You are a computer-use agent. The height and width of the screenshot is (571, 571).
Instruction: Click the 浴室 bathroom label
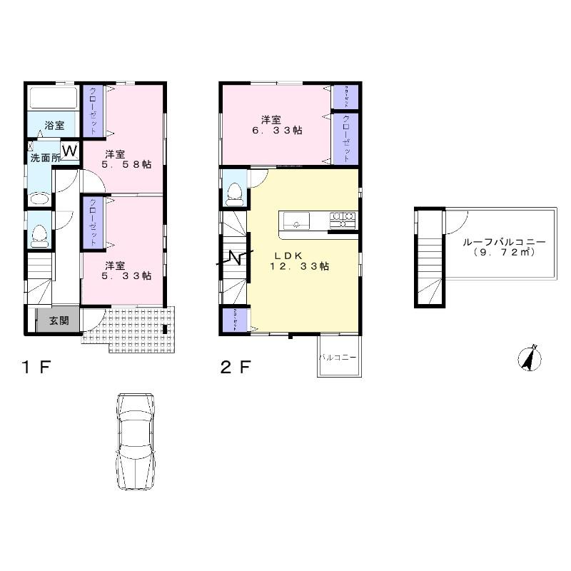(54, 126)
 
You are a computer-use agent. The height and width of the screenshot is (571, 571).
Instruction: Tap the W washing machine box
(70, 151)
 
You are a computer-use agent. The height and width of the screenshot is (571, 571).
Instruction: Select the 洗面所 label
(44, 158)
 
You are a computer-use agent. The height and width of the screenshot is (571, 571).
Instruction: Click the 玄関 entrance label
(59, 321)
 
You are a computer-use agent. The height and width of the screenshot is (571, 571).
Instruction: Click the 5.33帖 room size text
(127, 276)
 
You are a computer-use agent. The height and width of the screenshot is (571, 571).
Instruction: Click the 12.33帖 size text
(299, 266)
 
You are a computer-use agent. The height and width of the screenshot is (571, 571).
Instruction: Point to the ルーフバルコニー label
(503, 242)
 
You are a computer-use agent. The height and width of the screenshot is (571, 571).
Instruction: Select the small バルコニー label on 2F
(338, 355)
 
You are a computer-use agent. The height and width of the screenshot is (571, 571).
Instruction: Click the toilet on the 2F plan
(234, 191)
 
